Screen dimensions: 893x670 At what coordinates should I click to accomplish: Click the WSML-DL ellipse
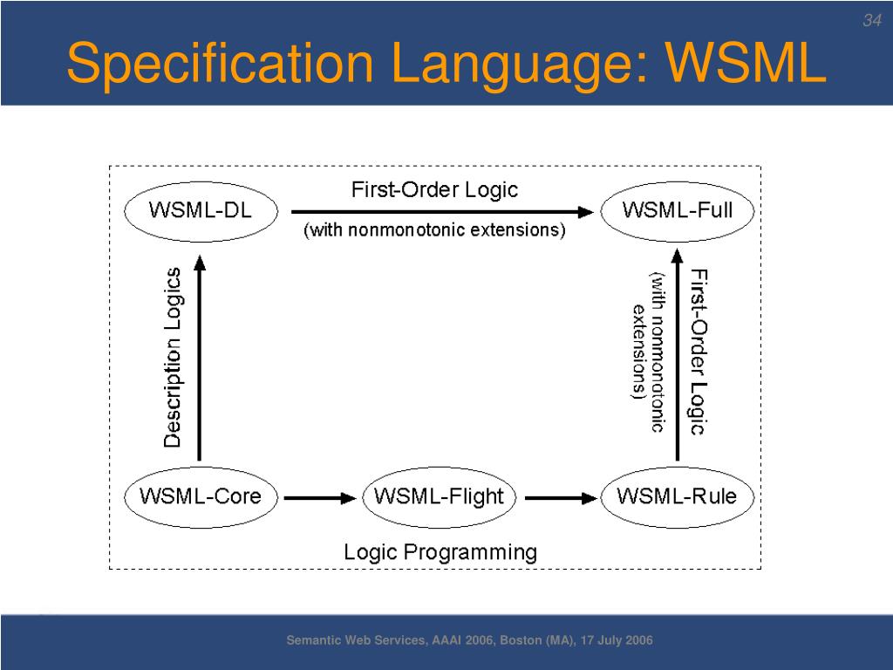201,211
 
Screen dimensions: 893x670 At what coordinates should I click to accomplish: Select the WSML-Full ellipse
677,211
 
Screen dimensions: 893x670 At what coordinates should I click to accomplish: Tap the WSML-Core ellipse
201,497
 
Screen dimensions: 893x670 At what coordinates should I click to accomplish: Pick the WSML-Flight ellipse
440,497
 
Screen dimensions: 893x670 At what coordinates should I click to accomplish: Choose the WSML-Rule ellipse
677,497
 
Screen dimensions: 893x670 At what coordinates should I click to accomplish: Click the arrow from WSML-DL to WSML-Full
442,212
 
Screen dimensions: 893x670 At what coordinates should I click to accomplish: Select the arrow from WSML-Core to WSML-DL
200,359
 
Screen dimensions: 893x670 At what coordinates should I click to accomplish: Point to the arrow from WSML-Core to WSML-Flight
320,498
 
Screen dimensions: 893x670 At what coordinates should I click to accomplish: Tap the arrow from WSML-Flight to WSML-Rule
561,498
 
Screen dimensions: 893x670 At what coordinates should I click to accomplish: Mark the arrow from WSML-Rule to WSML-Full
677,355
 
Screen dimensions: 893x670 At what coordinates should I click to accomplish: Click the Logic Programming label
440,552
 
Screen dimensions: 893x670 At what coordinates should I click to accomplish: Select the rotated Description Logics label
173,357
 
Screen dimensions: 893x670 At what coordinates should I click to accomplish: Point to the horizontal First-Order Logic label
434,189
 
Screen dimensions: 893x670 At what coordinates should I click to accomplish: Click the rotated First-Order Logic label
699,352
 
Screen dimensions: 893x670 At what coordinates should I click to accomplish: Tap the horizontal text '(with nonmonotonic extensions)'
434,230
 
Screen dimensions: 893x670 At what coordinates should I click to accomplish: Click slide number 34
872,21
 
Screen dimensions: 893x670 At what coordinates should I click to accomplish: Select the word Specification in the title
221,64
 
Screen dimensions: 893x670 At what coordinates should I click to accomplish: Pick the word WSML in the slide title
746,62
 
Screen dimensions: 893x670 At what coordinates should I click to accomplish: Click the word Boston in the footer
521,639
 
